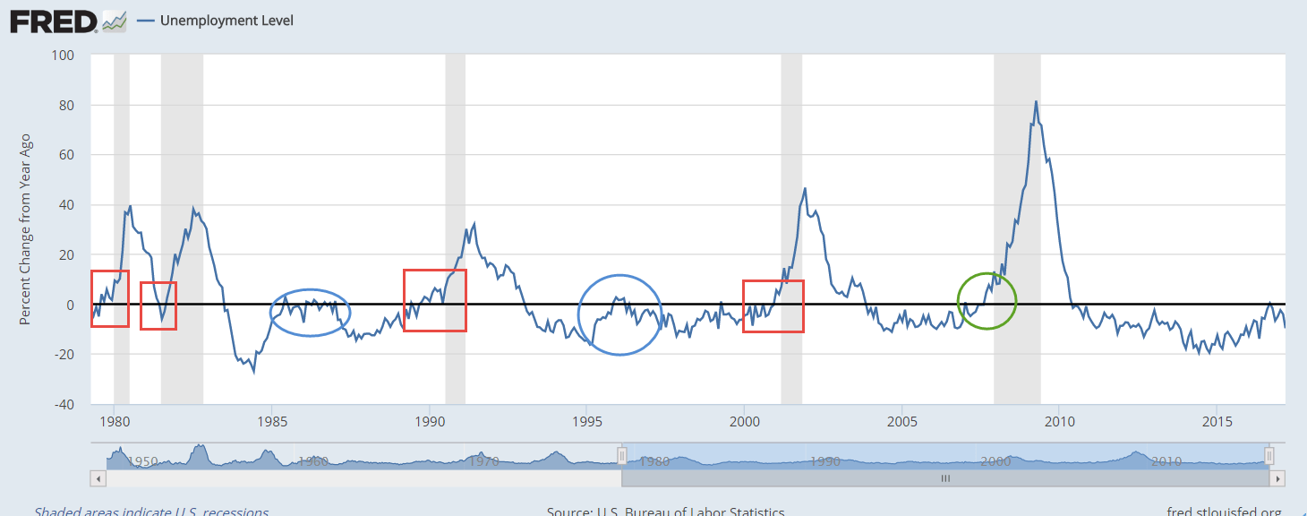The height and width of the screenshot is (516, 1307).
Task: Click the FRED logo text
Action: [x=53, y=21]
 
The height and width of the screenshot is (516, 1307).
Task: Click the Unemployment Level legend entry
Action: [x=226, y=21]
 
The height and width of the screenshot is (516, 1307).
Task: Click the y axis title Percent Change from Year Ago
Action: [x=25, y=229]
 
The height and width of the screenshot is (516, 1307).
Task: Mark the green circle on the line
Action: [x=987, y=301]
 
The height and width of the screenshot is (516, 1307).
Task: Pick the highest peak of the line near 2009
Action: [x=1036, y=102]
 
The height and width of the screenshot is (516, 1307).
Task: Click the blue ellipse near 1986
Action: [x=310, y=313]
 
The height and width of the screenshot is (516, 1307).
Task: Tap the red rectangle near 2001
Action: [x=773, y=306]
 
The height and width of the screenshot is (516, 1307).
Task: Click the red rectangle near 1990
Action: [x=435, y=300]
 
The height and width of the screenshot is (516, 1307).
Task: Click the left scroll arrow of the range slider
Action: [x=98, y=479]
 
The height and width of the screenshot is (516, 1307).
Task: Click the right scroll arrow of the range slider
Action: [x=1277, y=479]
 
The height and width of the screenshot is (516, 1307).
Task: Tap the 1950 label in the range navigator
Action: [x=142, y=461]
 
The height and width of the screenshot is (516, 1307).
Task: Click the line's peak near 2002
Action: [x=805, y=189]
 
